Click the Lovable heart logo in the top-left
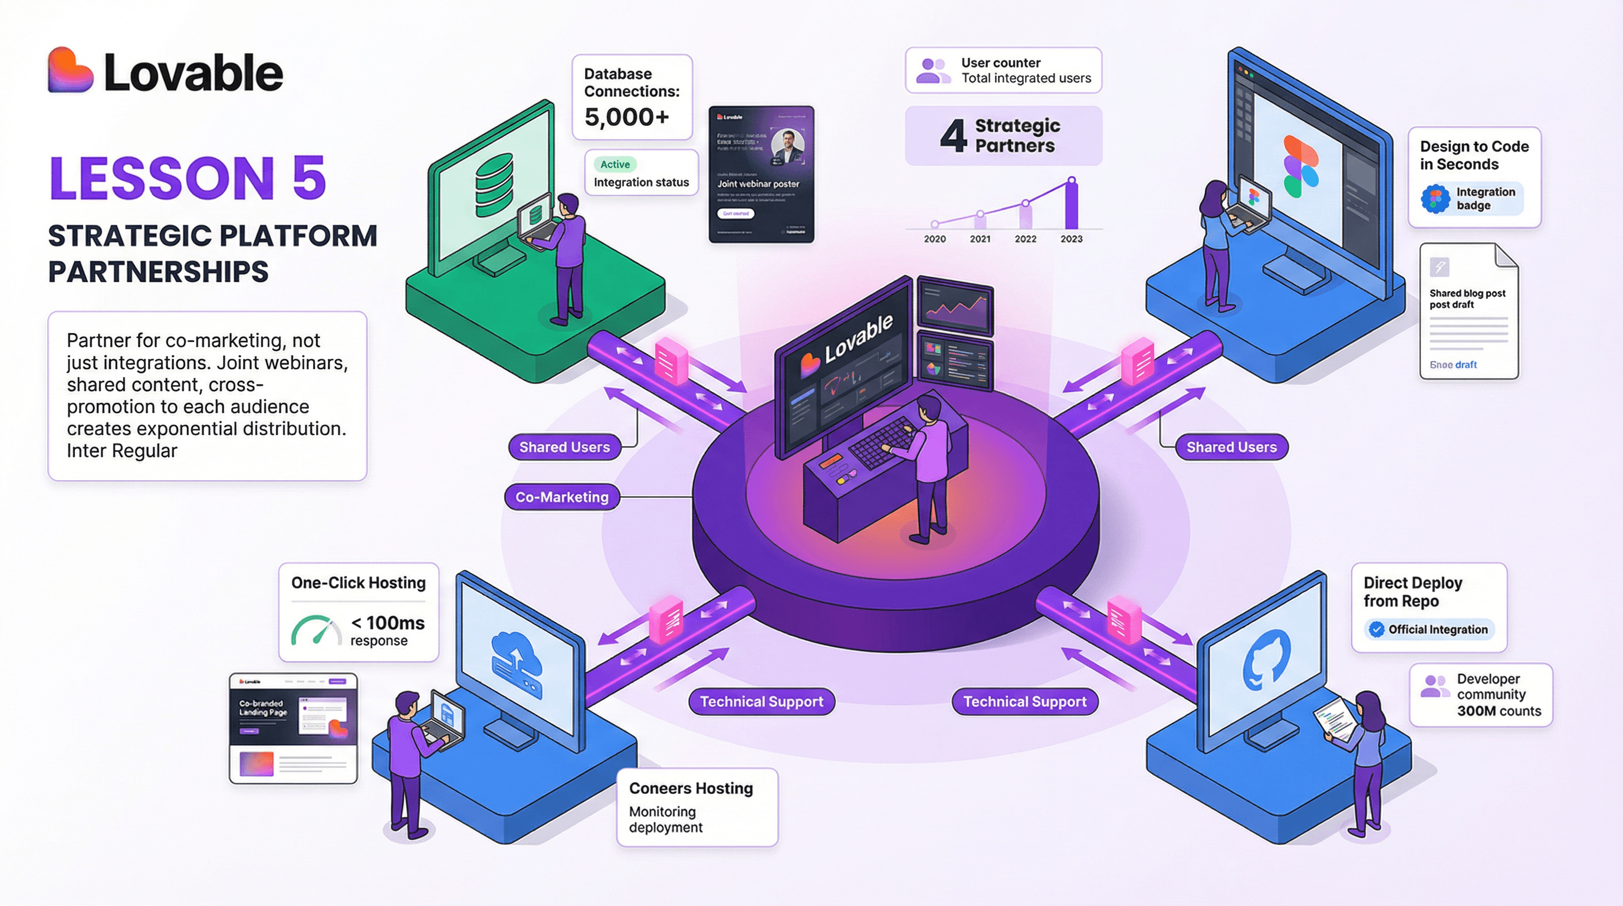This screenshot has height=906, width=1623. point(70,71)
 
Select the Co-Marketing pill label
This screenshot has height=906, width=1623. point(562,497)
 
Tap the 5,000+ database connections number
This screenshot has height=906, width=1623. point(626,117)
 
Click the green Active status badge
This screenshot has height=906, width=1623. point(615,165)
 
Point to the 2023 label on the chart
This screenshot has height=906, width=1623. point(1071,239)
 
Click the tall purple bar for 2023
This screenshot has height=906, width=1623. point(1071,204)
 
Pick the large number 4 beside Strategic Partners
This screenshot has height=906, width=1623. point(953,136)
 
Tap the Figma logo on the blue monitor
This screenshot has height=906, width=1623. point(1300,166)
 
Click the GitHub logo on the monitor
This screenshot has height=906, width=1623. point(1266,659)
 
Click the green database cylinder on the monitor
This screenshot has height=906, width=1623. point(494,186)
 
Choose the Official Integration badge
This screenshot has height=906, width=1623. point(1429,629)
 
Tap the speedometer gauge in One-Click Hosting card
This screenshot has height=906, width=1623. point(314,631)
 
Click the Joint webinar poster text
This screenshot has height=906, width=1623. point(758,184)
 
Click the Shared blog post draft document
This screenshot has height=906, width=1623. point(1468,312)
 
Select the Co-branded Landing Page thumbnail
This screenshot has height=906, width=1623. point(293,728)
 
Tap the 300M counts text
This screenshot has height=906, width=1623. point(1499,711)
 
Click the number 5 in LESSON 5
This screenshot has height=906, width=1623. point(308,178)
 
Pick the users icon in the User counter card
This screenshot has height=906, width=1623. point(932,71)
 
